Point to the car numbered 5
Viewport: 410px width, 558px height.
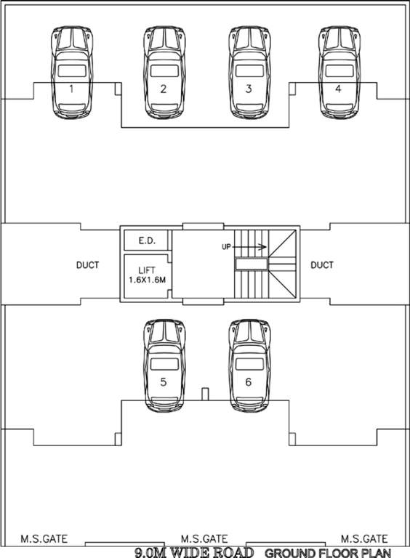(164, 365)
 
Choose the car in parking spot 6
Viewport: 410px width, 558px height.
(249, 365)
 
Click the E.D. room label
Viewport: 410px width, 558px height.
(146, 240)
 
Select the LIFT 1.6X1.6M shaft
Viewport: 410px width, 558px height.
(146, 275)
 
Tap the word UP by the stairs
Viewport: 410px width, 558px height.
(226, 247)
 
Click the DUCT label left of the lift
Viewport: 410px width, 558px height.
(87, 265)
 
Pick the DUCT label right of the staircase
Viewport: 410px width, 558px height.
(322, 265)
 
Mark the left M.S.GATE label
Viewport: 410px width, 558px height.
(44, 538)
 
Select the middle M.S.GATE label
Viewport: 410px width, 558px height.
(204, 538)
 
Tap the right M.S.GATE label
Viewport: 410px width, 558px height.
(364, 538)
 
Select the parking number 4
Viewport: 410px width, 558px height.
(338, 89)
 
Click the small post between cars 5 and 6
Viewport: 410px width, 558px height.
(205, 395)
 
